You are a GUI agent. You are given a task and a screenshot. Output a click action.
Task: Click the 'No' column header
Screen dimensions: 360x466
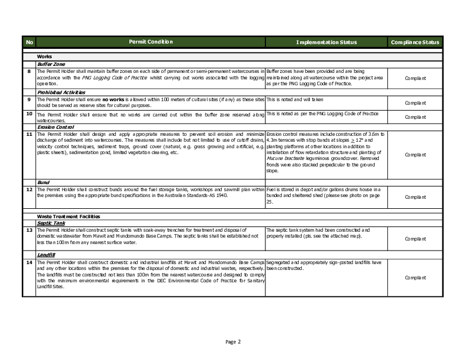[x=30, y=42]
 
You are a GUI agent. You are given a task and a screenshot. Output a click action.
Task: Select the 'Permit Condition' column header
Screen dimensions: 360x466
[x=151, y=42]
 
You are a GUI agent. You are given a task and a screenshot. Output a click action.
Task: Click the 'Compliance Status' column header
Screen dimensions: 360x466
[x=415, y=42]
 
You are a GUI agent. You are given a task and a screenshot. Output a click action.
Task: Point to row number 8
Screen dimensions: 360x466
[x=29, y=71]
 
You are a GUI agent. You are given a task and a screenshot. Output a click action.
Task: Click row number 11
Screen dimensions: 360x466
[x=29, y=134]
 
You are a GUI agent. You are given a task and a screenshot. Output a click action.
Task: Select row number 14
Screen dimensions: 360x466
[x=29, y=261]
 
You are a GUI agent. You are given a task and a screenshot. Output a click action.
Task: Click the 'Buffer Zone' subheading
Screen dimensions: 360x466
[x=51, y=64]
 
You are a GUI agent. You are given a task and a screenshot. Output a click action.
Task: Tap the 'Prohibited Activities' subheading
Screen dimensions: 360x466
[x=61, y=92]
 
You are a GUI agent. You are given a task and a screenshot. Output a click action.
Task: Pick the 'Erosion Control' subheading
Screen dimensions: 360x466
[x=55, y=126]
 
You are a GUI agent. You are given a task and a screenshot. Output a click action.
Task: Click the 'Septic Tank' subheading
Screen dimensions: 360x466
[x=51, y=223]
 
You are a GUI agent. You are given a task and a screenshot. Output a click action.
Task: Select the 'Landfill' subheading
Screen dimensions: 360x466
[x=46, y=255]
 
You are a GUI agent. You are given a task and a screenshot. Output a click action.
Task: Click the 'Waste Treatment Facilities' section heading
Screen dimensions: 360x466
[x=68, y=216]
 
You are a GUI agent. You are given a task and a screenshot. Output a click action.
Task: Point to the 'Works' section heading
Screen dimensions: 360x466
[x=45, y=56]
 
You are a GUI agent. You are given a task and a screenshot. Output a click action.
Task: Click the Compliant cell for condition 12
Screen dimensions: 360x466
[x=415, y=195]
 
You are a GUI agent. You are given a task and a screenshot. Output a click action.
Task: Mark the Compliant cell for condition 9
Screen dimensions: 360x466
[x=415, y=103]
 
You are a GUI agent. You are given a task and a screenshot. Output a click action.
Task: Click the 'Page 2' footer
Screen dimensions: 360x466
[x=233, y=342]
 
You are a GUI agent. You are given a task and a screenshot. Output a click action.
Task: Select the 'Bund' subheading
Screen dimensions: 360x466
[x=43, y=182]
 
